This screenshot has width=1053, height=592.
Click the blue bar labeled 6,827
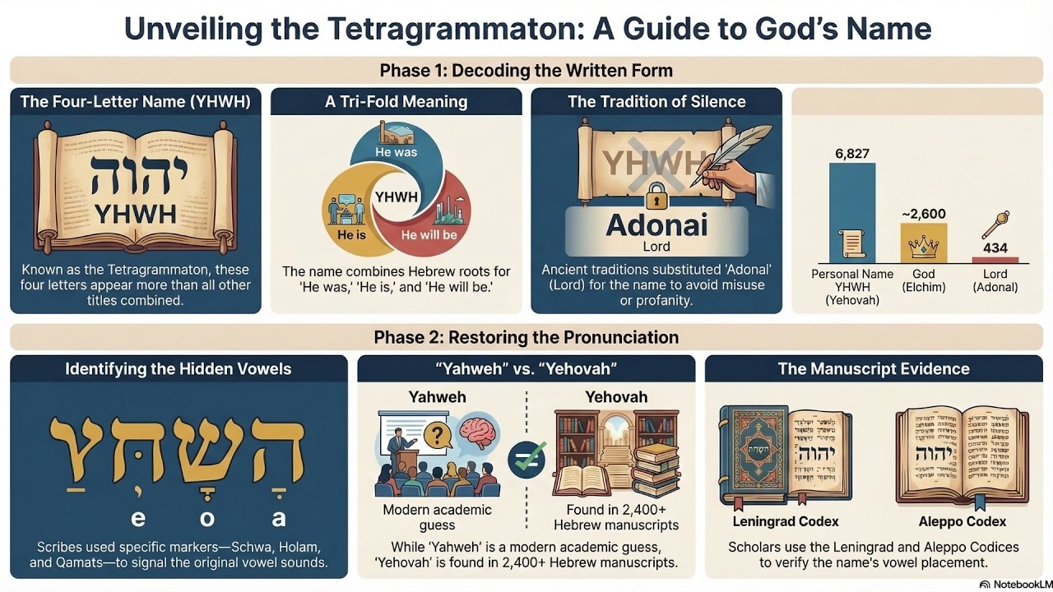click(852, 212)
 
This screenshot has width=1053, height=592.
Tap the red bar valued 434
click(995, 259)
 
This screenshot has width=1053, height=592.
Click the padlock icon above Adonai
click(656, 197)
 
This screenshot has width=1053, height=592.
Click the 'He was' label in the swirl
click(396, 152)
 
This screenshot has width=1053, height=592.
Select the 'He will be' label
click(429, 235)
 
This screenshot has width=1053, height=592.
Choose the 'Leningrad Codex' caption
click(786, 521)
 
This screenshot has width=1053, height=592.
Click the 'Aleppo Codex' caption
click(962, 521)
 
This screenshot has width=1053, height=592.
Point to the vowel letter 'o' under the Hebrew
click(207, 518)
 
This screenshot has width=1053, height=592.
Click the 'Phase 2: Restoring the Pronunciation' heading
click(526, 337)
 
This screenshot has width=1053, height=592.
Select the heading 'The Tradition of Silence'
click(656, 102)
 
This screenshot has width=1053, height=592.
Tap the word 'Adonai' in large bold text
click(656, 224)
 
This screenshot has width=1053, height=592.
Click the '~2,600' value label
click(924, 214)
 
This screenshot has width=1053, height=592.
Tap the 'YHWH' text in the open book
click(135, 214)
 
